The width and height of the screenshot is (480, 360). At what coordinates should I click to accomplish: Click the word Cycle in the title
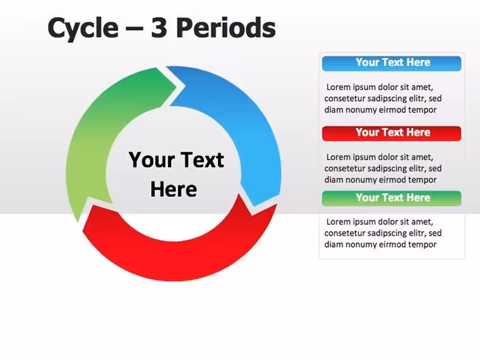click(83, 28)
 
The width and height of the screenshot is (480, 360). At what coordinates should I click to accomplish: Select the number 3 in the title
click(159, 28)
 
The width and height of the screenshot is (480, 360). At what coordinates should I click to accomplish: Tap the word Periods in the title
click(226, 28)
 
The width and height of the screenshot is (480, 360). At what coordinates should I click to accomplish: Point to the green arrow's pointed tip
click(78, 222)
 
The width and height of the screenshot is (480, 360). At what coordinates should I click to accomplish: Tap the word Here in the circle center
click(174, 189)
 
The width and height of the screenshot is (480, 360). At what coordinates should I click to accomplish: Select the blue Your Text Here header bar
click(392, 63)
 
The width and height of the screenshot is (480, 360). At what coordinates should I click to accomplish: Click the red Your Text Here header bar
click(392, 133)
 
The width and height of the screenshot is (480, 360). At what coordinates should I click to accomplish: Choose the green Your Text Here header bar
click(392, 198)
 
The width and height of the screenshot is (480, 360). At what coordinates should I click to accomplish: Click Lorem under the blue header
click(339, 87)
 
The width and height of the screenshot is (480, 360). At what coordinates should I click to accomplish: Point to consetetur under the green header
click(344, 233)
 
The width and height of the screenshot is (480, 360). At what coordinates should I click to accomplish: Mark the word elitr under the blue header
click(416, 99)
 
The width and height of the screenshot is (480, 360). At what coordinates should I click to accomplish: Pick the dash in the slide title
click(135, 29)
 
